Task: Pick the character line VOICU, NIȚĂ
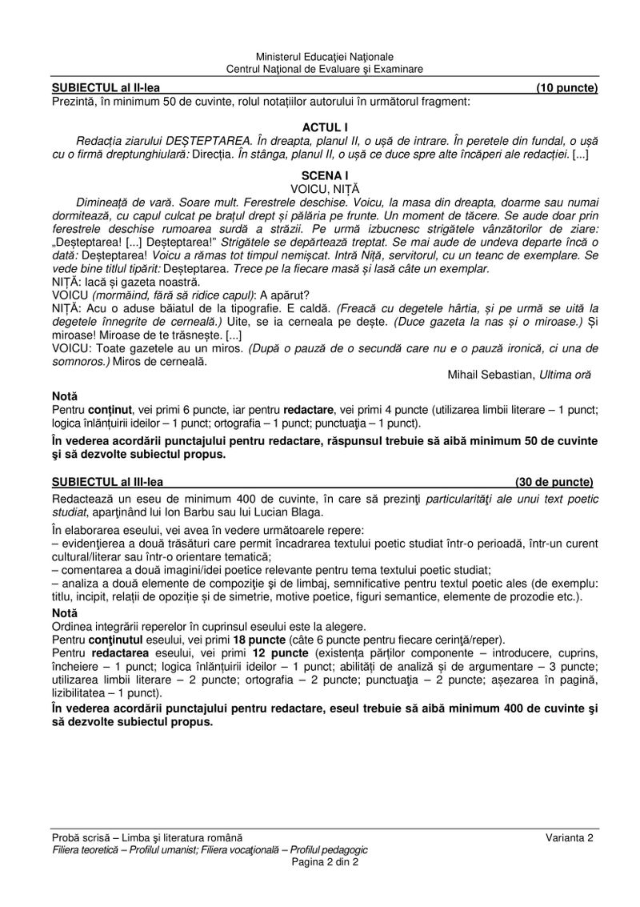(325, 187)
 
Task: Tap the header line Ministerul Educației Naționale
(325, 58)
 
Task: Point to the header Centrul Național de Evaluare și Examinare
(325, 70)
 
